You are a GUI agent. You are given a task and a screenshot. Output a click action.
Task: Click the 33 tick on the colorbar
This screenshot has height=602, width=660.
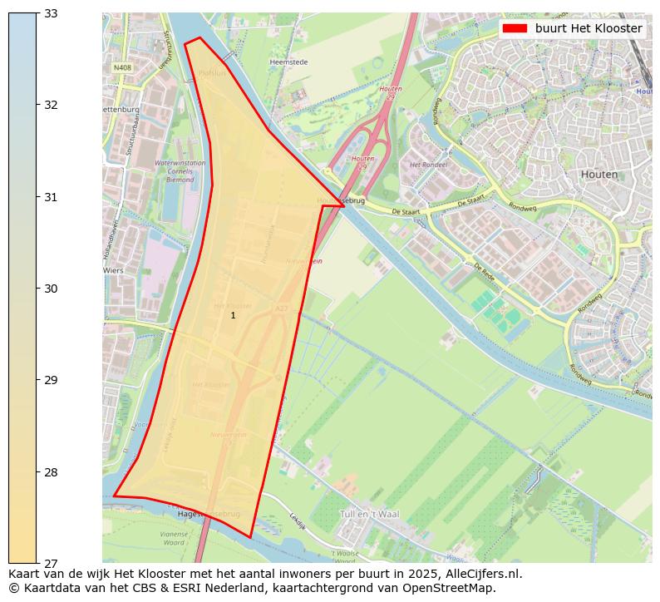pyautogui.click(x=37, y=13)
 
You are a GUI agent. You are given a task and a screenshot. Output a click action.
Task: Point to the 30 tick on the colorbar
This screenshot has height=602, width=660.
pyautogui.click(x=37, y=289)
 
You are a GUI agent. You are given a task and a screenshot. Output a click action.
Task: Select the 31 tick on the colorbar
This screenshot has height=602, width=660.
pyautogui.click(x=37, y=197)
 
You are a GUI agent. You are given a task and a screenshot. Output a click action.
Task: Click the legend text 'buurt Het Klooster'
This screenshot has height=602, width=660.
pyautogui.click(x=589, y=28)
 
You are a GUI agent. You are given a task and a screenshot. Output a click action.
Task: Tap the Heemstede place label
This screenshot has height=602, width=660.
pyautogui.click(x=288, y=62)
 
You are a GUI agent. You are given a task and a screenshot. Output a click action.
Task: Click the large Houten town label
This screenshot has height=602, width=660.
pyautogui.click(x=600, y=175)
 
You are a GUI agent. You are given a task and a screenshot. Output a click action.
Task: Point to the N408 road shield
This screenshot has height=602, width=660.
pyautogui.click(x=122, y=67)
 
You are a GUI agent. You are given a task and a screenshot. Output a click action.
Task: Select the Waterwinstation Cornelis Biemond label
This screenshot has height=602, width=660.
pyautogui.click(x=174, y=170)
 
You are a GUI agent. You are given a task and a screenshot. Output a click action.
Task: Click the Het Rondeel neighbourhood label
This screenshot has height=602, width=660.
pyautogui.click(x=428, y=165)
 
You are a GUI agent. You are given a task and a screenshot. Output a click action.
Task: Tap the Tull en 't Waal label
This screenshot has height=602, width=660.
pyautogui.click(x=369, y=514)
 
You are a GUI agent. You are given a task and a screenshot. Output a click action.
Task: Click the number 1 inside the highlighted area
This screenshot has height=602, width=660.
pyautogui.click(x=233, y=315)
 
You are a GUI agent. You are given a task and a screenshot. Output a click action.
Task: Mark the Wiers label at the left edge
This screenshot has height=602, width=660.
pyautogui.click(x=112, y=270)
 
